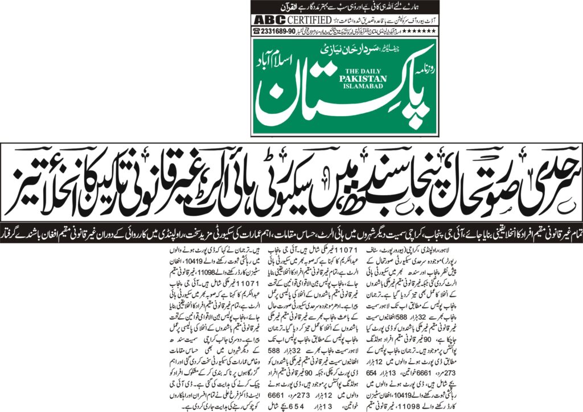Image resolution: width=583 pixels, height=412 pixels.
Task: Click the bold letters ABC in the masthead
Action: [265, 20]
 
